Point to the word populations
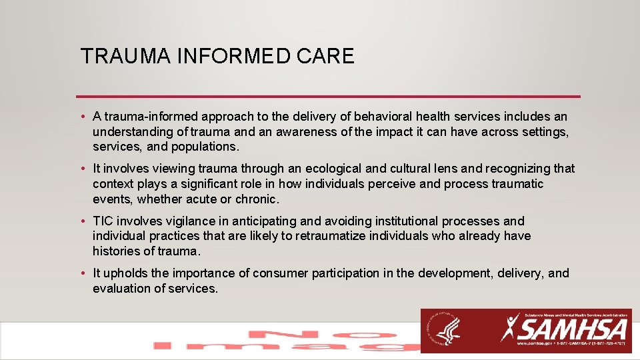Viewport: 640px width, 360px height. click(x=205, y=146)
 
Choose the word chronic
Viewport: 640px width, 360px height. click(x=257, y=199)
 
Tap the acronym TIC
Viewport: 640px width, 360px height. click(x=103, y=221)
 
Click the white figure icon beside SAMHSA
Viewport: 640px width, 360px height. click(x=511, y=328)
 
